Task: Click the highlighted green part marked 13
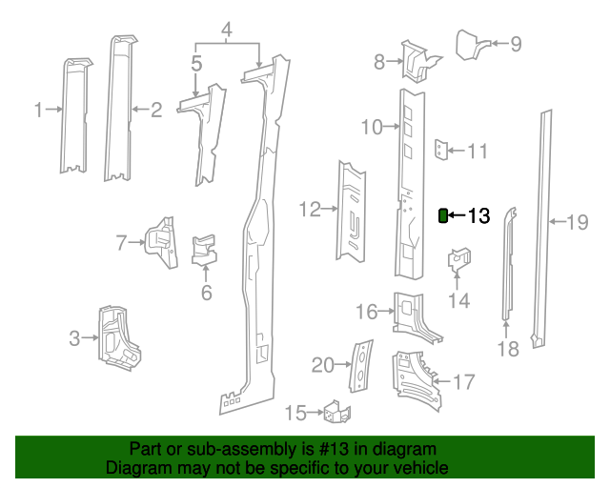click(443, 216)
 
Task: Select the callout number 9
click(516, 43)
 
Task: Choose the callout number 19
click(578, 223)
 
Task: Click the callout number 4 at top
click(227, 31)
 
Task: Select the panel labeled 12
click(352, 210)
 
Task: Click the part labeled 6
click(204, 250)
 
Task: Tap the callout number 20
click(323, 365)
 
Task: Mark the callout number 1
click(39, 110)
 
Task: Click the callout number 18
click(508, 349)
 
